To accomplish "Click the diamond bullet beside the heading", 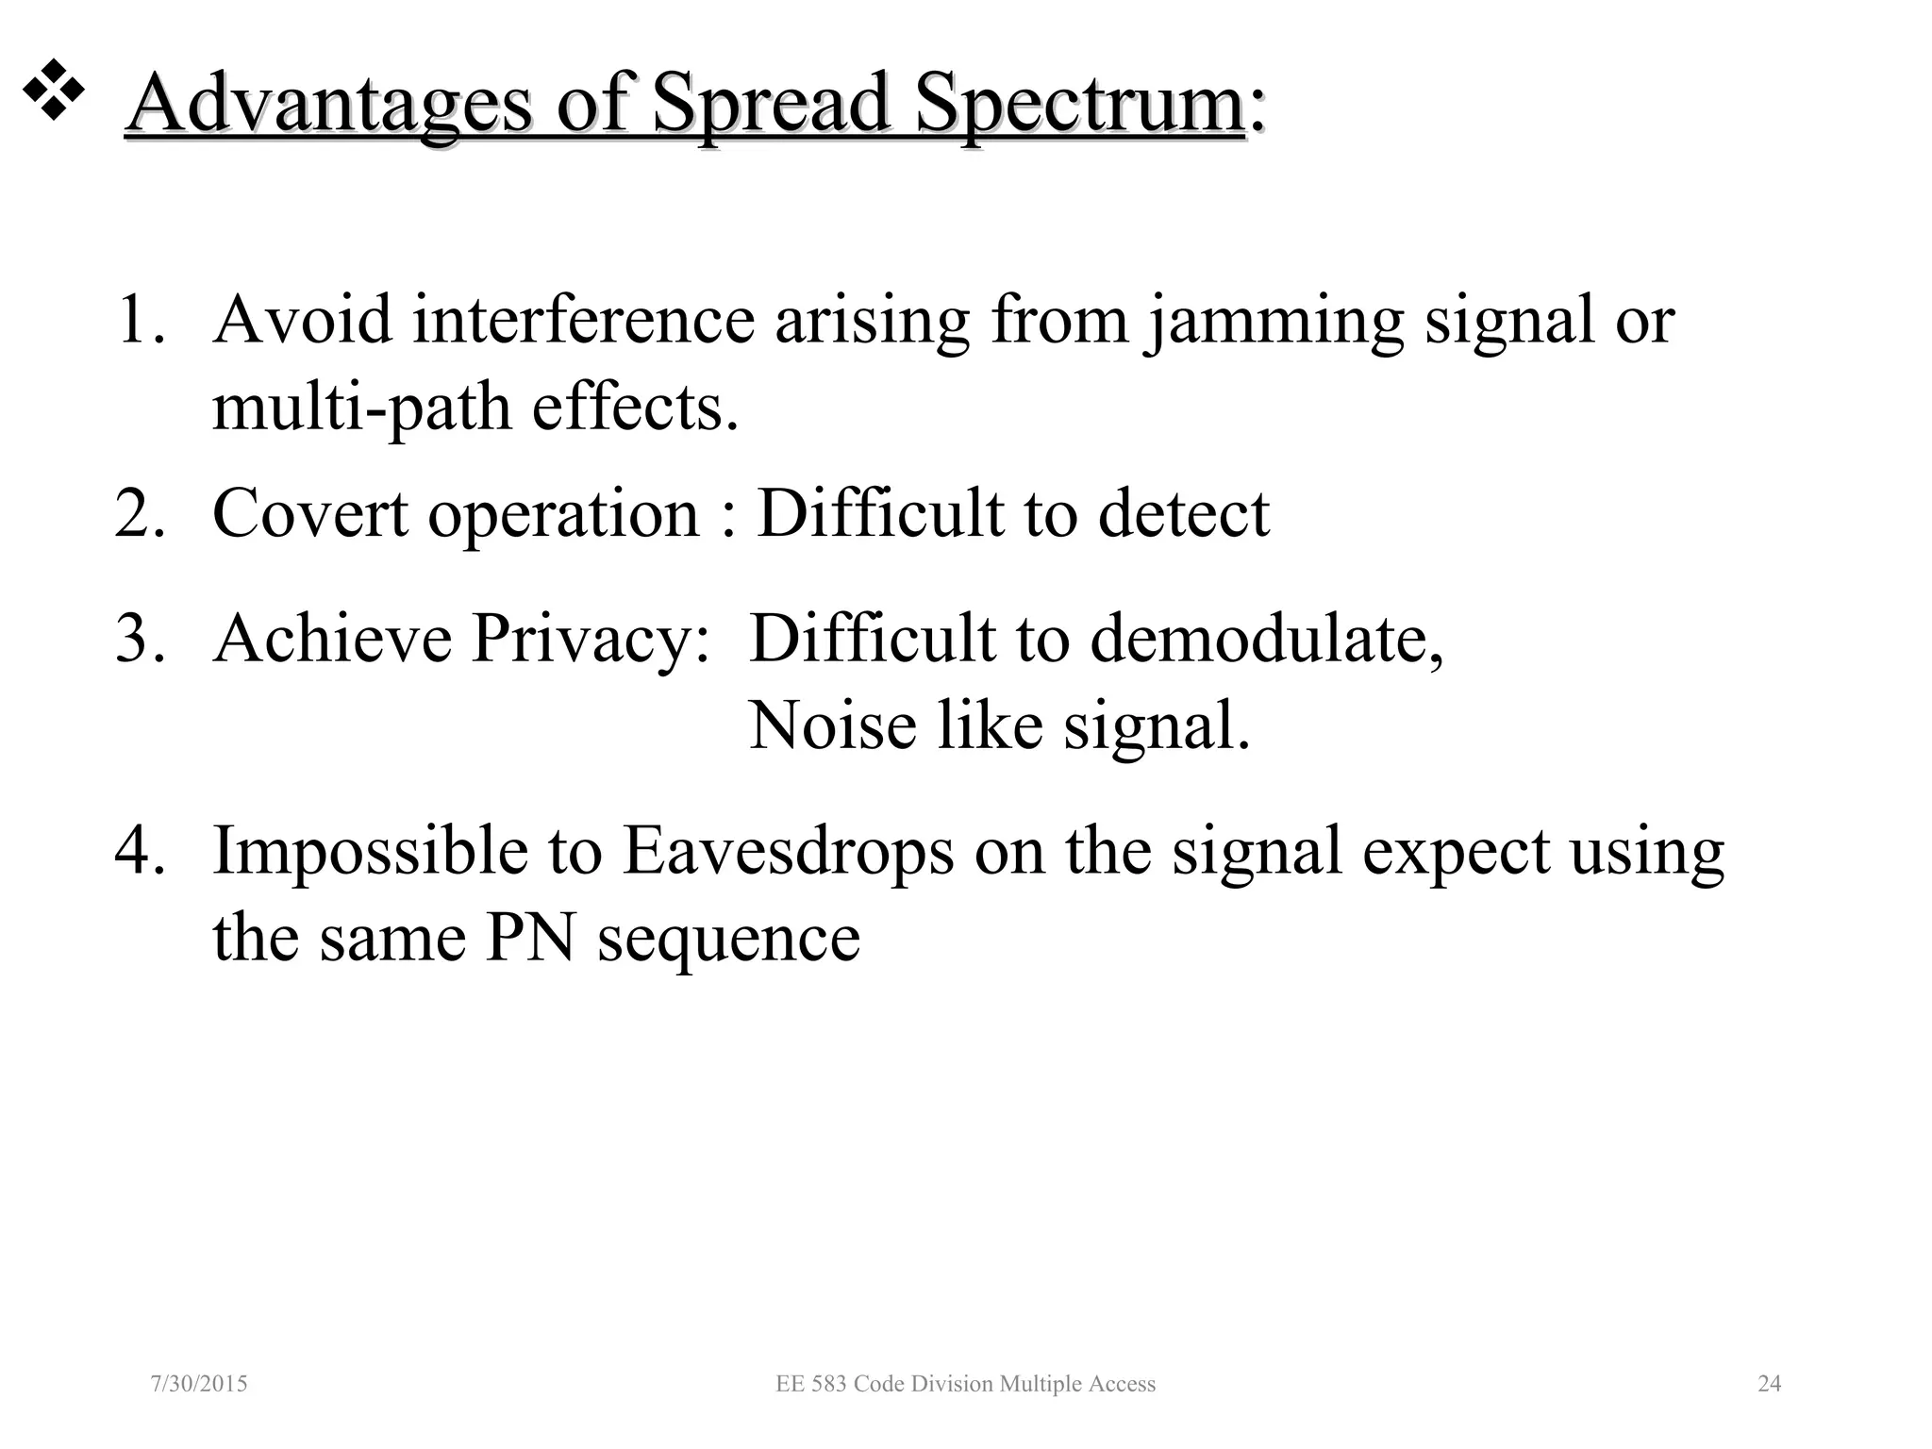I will click(54, 90).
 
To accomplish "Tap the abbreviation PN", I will click(530, 938).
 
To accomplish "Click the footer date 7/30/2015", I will click(199, 1384).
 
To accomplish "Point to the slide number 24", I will click(1769, 1384).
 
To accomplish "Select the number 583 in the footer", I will click(826, 1384).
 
